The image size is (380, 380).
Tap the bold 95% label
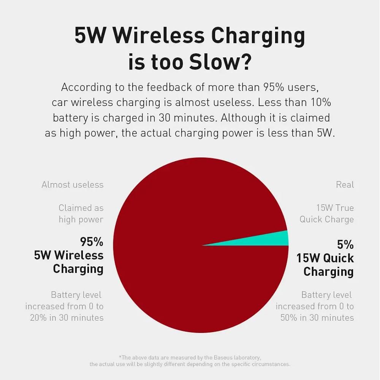tap(92, 242)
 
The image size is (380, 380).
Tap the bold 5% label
tap(345, 244)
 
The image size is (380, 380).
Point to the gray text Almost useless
tap(73, 185)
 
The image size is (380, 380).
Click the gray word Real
tap(345, 185)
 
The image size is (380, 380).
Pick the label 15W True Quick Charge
tap(327, 214)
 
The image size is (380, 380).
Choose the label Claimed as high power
tap(81, 214)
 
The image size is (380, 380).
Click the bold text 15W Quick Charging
tap(325, 265)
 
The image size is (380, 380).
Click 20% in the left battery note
tap(38, 318)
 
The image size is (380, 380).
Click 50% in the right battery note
tap(288, 318)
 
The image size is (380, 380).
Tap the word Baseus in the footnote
tap(224, 357)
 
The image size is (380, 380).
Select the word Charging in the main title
tap(258, 36)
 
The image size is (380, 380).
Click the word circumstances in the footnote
tap(269, 364)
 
